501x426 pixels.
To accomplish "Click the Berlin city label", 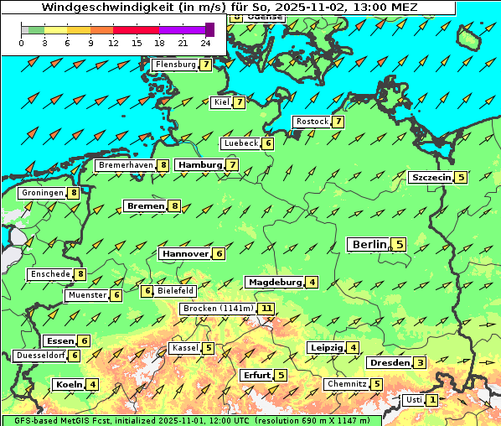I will pyautogui.click(x=369, y=245).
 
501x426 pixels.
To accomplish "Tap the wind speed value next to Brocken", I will pyautogui.click(x=266, y=309).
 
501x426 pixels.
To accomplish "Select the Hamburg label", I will pyautogui.click(x=199, y=165).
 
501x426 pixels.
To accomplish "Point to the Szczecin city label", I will pyautogui.click(x=431, y=178).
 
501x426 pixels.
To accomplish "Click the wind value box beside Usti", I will pyautogui.click(x=431, y=400).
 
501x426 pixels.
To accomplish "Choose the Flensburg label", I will pyautogui.click(x=175, y=65).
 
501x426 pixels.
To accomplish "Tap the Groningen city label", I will pyautogui.click(x=43, y=193).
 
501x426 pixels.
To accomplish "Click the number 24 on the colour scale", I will pyautogui.click(x=205, y=43).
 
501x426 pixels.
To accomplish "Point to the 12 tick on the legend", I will pyautogui.click(x=113, y=43).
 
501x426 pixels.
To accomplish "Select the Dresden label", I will pyautogui.click(x=390, y=363).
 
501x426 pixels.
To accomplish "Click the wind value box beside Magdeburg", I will pyautogui.click(x=312, y=283).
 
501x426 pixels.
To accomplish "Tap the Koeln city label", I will pyautogui.click(x=68, y=385).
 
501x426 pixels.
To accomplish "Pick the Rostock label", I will pyautogui.click(x=312, y=122).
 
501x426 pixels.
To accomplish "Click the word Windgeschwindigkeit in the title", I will pyautogui.click(x=91, y=7).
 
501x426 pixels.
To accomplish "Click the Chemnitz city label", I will pyautogui.click(x=347, y=384).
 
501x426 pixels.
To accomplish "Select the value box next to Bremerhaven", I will pyautogui.click(x=163, y=166).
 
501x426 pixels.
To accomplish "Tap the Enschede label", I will pyautogui.click(x=49, y=274).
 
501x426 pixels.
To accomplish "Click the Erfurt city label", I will pyautogui.click(x=256, y=375).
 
